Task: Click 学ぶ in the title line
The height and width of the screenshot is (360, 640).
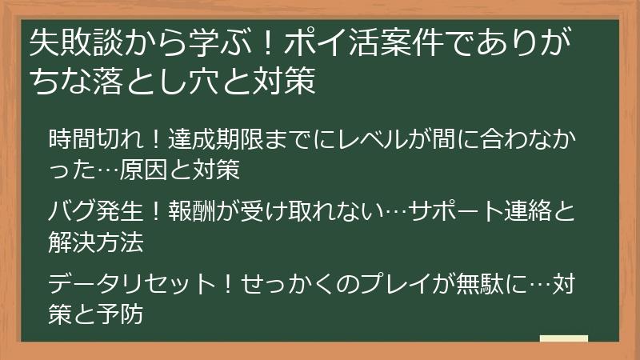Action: tap(212, 45)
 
